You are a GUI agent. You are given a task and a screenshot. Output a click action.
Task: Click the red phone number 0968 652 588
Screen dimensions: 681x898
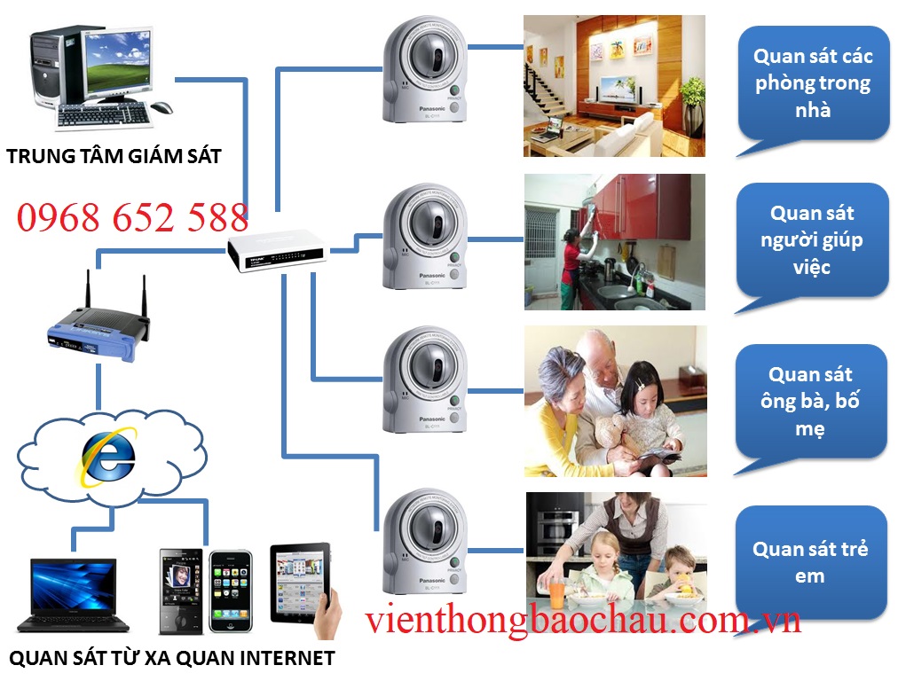[132, 217]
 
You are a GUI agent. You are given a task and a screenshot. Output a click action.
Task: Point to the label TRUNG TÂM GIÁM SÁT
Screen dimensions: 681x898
[114, 157]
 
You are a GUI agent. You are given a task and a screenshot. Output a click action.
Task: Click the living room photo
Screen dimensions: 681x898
[614, 86]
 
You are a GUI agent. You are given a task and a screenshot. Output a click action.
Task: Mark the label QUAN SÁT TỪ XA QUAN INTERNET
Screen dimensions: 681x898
[171, 658]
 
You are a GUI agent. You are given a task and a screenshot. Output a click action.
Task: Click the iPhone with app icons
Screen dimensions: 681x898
[230, 591]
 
